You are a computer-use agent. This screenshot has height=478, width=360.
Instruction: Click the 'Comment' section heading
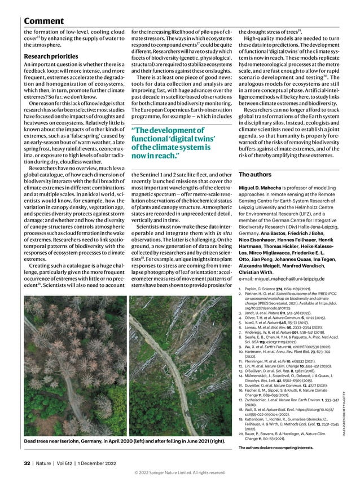click(x=43, y=21)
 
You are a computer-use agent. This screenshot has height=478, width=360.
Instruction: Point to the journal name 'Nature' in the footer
click(x=46, y=463)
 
